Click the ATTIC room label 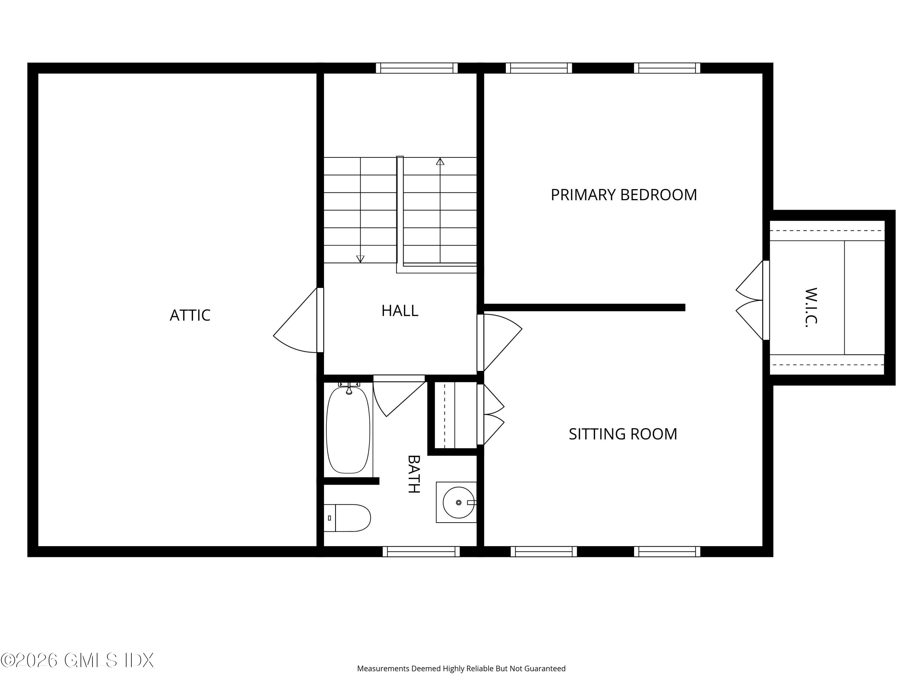point(190,315)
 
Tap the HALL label point(400,311)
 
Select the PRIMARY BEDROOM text point(624,195)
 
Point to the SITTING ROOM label point(623,434)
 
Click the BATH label point(414,474)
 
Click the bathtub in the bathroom point(348,430)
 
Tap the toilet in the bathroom point(347,518)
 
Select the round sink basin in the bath point(459,503)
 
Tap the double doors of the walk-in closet point(750,300)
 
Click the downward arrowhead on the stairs point(360,259)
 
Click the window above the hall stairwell point(417,68)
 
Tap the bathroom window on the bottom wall point(422,551)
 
